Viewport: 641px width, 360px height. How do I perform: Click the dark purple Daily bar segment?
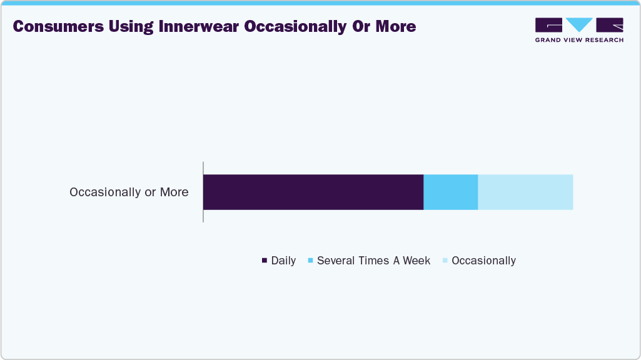point(313,192)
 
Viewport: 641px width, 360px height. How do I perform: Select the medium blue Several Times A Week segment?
point(450,192)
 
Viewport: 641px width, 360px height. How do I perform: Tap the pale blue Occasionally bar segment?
point(525,192)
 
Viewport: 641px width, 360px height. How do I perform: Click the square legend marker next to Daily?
point(265,261)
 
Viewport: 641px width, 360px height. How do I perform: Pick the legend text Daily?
point(283,261)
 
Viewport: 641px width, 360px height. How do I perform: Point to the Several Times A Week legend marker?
point(310,261)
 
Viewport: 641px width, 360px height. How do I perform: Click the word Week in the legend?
point(416,261)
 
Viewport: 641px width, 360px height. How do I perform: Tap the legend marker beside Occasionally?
point(445,261)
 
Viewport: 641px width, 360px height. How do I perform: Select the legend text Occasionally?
point(483,261)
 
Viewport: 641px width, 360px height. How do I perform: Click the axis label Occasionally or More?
point(129,192)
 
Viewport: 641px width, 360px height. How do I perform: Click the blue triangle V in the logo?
point(579,25)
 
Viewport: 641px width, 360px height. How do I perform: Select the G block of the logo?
point(548,25)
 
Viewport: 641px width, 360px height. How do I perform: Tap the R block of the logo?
point(610,25)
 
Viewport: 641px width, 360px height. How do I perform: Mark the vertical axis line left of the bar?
point(203,191)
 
